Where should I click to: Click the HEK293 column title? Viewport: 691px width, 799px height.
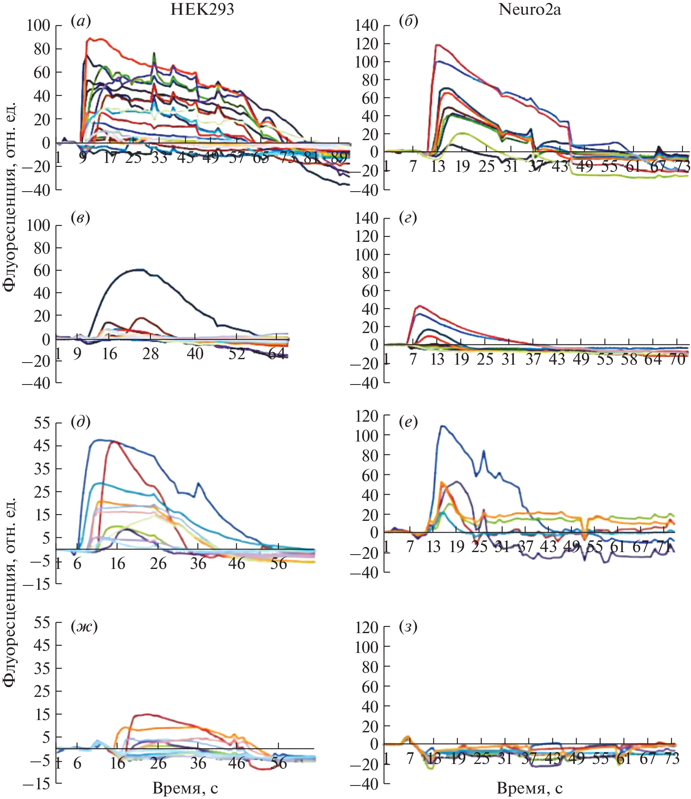202,9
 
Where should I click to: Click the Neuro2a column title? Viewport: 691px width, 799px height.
530,9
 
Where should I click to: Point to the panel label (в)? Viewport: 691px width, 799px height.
81,218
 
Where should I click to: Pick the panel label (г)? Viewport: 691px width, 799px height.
408,218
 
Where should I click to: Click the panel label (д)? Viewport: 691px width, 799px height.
81,422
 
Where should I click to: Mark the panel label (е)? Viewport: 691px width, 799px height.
408,422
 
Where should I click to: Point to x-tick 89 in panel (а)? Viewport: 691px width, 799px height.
339,157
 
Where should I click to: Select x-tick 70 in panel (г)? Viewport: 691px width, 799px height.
677,359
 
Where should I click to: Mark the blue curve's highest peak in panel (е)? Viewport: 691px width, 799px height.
442,426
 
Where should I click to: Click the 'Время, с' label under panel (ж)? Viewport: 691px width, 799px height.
185,788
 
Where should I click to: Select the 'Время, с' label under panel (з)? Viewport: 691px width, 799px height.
530,788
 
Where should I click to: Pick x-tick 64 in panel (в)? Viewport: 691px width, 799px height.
277,353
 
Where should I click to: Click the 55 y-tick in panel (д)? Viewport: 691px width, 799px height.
42,423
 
